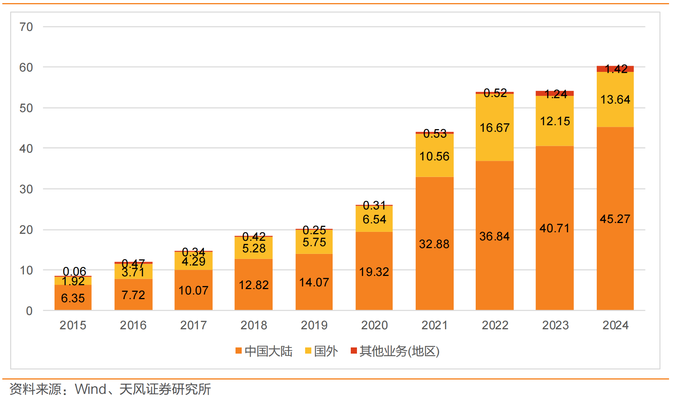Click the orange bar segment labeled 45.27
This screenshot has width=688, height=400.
click(x=615, y=218)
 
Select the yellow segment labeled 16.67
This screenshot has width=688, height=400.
click(x=495, y=128)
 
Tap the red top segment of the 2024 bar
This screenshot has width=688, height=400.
click(x=615, y=69)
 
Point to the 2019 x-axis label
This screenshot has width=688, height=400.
click(x=314, y=325)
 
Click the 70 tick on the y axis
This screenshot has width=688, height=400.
click(x=26, y=27)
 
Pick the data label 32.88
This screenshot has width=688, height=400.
click(x=434, y=244)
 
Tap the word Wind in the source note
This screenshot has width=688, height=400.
click(x=90, y=389)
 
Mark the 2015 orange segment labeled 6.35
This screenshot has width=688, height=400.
click(x=73, y=298)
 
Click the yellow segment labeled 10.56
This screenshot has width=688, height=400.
click(x=434, y=156)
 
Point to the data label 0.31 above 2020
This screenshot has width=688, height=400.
click(x=374, y=205)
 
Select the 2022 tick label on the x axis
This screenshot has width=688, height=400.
click(x=495, y=325)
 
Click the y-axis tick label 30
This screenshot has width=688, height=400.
click(x=26, y=189)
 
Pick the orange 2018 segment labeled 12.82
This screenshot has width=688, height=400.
click(x=253, y=285)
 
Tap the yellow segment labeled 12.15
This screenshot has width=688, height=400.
click(x=555, y=121)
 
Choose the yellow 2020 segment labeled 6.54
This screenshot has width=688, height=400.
click(x=374, y=219)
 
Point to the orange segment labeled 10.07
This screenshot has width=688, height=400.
click(x=193, y=290)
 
